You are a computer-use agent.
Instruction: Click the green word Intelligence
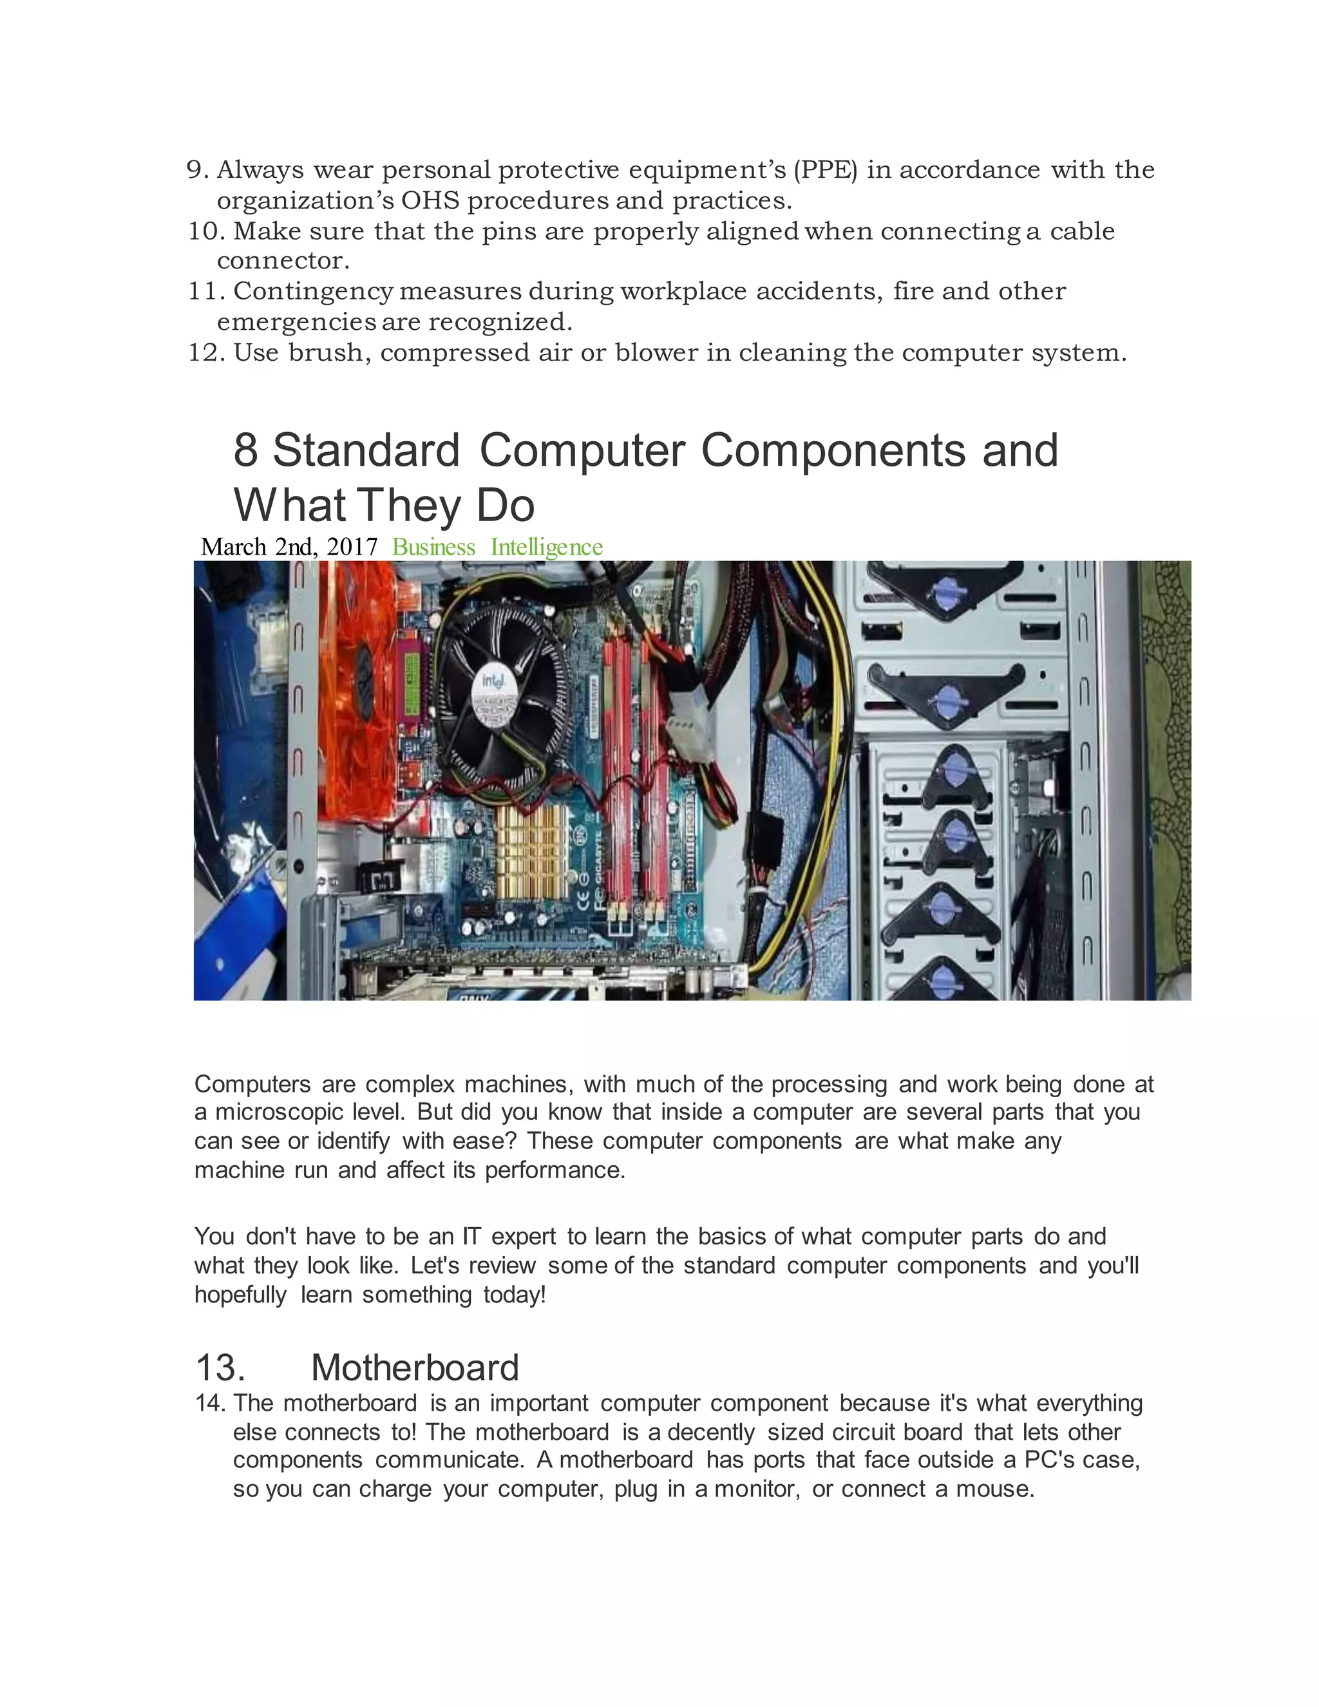point(546,547)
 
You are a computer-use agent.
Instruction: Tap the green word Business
point(433,547)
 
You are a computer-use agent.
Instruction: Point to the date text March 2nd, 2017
point(289,547)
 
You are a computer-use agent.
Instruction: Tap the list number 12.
point(205,352)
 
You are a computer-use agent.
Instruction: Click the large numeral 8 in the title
point(245,451)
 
